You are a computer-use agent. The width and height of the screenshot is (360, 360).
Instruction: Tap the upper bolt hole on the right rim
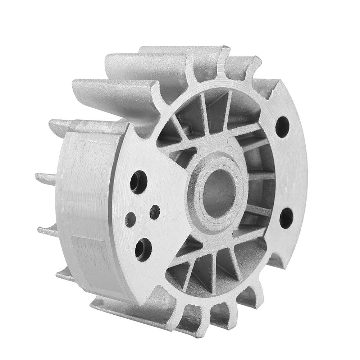click(x=283, y=127)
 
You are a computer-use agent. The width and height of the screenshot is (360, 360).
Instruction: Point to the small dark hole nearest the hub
click(x=155, y=212)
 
